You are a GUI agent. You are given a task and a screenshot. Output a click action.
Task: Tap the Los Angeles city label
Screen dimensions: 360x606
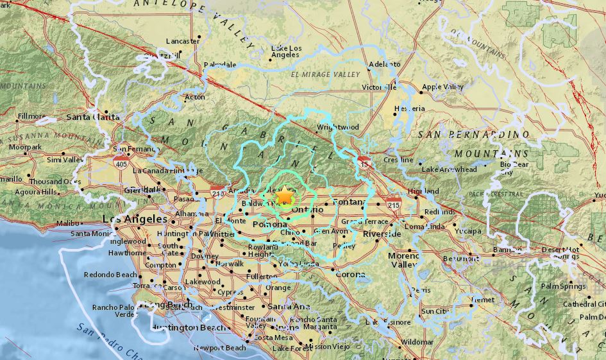click(x=130, y=219)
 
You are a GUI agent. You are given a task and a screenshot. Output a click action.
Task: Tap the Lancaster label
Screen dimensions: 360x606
click(x=182, y=41)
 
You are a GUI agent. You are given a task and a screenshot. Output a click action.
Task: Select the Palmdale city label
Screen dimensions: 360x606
click(x=221, y=65)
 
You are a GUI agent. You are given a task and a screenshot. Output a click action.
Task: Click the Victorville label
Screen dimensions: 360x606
click(x=380, y=87)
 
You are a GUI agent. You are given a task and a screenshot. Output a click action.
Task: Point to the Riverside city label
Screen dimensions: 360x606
click(x=382, y=234)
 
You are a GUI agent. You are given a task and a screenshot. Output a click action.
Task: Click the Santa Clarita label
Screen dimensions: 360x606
click(x=92, y=117)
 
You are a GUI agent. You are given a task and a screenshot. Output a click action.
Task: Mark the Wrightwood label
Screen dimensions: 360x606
click(x=337, y=127)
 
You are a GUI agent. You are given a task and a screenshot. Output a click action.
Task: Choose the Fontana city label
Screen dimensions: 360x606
click(x=349, y=202)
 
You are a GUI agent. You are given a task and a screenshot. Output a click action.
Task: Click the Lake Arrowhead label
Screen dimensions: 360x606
click(x=450, y=169)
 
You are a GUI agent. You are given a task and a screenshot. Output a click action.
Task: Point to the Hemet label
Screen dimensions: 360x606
click(x=483, y=300)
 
